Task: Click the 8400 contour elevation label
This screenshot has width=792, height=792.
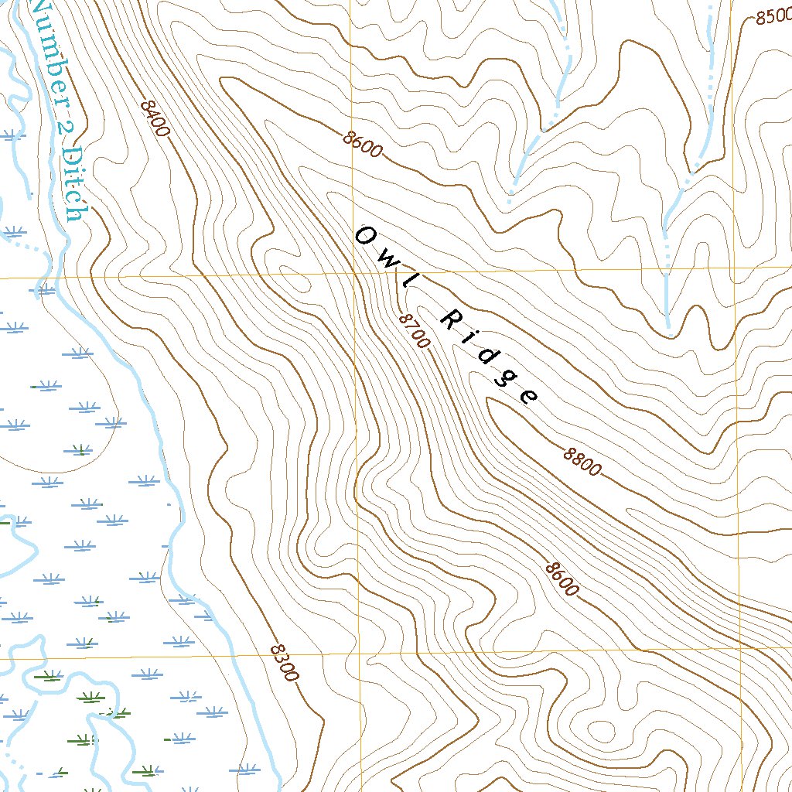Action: [155, 118]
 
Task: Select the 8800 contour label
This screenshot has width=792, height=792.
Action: [582, 462]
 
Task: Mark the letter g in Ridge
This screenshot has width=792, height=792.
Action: [507, 378]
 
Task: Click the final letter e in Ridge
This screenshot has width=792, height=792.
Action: [528, 397]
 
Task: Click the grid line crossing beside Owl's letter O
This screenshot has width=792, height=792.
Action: [353, 274]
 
